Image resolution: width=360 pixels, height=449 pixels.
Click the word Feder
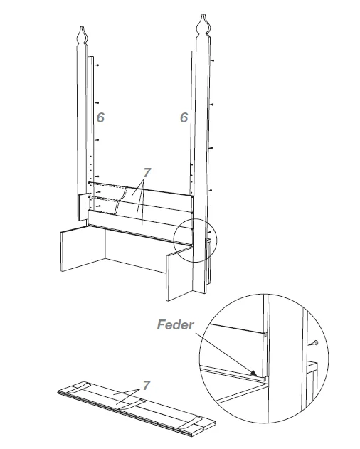coord(175,325)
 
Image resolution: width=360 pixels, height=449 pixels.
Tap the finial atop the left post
coord(83,35)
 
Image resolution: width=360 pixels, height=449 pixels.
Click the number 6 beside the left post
coord(100,117)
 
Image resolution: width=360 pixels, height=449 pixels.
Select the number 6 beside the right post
coord(184,117)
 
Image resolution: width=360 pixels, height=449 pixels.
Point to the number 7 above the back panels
coord(147,173)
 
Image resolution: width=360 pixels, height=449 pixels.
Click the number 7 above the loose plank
coord(147,386)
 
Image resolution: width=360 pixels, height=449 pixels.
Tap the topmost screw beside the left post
coord(97,65)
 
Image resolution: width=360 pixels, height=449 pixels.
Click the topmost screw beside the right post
coord(212,60)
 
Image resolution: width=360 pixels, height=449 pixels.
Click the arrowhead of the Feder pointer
coord(254,373)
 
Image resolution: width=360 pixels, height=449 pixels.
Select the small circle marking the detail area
coord(196,240)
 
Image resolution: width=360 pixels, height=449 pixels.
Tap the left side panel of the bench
coord(83,248)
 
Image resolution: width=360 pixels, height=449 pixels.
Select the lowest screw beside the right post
coord(210,232)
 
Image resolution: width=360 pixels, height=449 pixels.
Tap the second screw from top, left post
coord(97,102)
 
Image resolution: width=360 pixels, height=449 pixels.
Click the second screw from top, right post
coord(211,105)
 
